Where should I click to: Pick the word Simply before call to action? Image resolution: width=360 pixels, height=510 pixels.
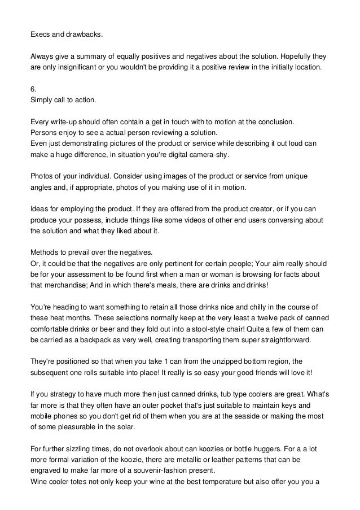[x=42, y=100]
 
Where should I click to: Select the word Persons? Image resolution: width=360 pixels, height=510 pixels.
[x=44, y=132]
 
